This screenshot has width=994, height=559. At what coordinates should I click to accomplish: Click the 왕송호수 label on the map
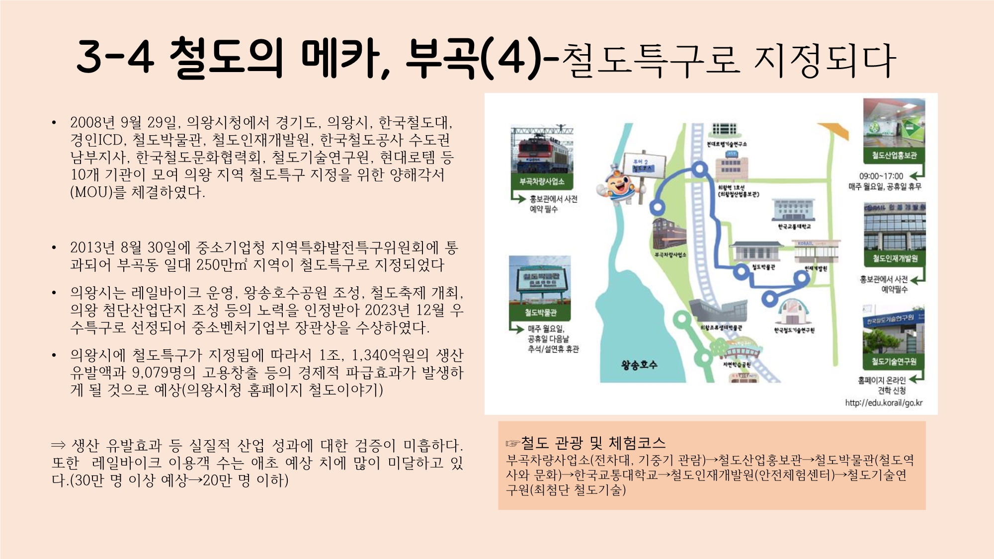[x=639, y=365]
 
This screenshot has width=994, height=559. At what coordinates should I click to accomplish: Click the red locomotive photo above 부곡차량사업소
[x=542, y=150]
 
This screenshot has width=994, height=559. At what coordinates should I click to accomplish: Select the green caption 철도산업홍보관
[x=894, y=156]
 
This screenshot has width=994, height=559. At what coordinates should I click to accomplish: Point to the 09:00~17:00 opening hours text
[x=881, y=176]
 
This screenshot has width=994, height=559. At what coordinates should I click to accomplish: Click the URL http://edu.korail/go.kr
[x=884, y=403]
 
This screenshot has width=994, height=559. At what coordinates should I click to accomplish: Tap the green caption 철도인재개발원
[x=895, y=258]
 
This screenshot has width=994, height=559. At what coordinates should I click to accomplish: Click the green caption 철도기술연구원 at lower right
[x=894, y=361]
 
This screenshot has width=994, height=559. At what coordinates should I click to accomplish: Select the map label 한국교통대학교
[x=794, y=227]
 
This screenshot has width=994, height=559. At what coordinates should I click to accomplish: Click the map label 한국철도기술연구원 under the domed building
[x=794, y=330]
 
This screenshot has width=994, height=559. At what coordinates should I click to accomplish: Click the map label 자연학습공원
[x=737, y=365]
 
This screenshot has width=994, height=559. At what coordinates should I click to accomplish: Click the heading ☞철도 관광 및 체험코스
[x=585, y=443]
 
